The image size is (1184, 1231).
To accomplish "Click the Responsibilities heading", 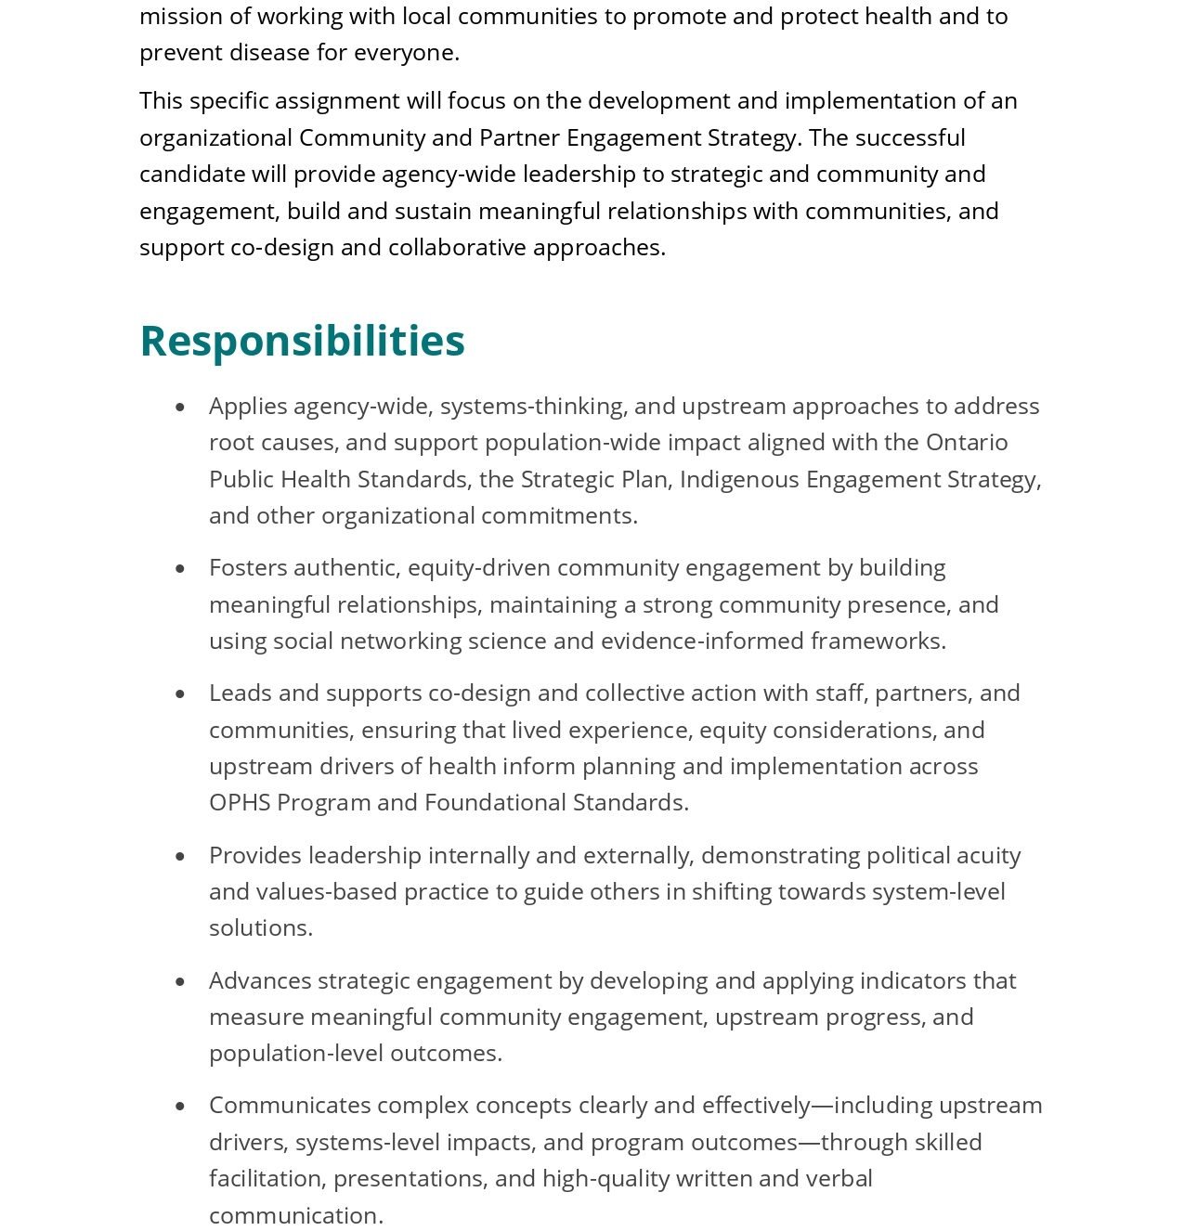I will coord(302,341).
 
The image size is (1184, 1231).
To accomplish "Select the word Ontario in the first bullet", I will coord(967,442).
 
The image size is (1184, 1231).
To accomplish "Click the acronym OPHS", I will coord(240,802).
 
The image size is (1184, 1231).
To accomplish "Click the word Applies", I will coord(248,406).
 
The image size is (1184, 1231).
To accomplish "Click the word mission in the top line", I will coord(172,17).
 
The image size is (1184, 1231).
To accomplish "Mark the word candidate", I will coord(184,174).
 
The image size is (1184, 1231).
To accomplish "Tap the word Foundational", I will coord(495,802).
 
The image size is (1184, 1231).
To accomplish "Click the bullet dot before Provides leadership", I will coord(180,857).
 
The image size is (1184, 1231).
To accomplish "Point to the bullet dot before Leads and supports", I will coord(180,694).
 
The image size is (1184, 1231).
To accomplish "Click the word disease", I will coord(268,53).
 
